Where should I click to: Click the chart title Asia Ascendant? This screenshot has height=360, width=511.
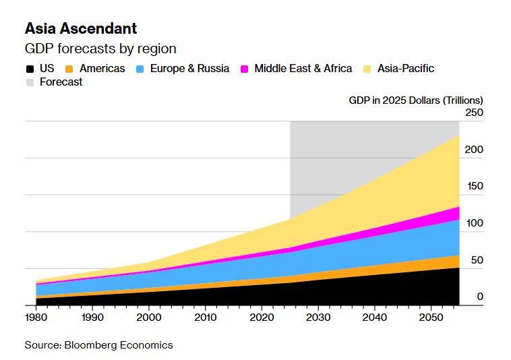(x=81, y=28)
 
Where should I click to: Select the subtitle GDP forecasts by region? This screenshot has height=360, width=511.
(x=100, y=49)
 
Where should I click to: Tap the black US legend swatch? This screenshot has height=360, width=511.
(x=30, y=69)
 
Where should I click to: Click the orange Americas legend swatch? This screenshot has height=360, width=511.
(x=69, y=69)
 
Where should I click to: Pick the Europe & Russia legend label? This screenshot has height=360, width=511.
(x=189, y=68)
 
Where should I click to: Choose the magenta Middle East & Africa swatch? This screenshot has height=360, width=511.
(x=244, y=69)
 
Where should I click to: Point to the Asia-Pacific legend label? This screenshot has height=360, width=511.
(x=406, y=68)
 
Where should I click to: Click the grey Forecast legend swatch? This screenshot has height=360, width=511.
(x=30, y=82)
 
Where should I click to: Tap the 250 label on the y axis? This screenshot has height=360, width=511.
(x=474, y=113)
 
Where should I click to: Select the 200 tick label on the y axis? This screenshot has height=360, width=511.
(x=474, y=150)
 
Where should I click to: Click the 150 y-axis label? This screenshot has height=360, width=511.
(x=475, y=186)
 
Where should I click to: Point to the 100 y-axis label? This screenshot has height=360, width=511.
(x=475, y=223)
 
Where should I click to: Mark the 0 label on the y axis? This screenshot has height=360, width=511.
(x=480, y=297)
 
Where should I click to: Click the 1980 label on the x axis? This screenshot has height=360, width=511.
(x=36, y=318)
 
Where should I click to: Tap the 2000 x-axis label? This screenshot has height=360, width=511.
(x=149, y=318)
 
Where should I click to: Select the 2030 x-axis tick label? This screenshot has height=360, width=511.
(x=318, y=318)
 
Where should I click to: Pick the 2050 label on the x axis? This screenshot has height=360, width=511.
(x=431, y=318)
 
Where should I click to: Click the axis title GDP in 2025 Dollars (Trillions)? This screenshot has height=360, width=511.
(x=416, y=100)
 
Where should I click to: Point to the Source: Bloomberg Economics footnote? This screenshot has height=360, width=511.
(x=98, y=345)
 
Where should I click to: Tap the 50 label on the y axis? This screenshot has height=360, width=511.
(x=477, y=260)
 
